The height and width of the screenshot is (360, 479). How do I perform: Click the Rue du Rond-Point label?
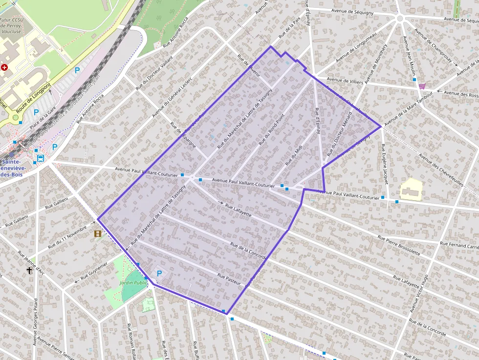(271, 130)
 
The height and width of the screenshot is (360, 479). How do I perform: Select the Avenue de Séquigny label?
(352, 11)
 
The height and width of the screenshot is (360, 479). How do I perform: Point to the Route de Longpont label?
(33, 98)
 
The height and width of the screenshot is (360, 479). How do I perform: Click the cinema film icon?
(98, 234)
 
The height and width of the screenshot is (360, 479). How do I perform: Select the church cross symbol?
(29, 270)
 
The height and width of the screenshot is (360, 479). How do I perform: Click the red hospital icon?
(4, 67)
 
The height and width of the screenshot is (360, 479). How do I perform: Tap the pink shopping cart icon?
(422, 86)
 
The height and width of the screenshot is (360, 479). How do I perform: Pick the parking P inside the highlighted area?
(159, 274)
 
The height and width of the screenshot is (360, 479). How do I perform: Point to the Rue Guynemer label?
(94, 272)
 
